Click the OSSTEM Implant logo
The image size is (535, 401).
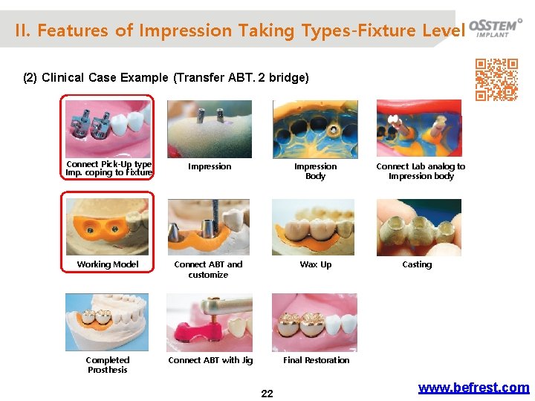click(495, 27)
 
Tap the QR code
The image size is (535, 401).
click(496, 79)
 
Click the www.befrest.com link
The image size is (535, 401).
click(473, 388)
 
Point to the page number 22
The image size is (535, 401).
click(267, 394)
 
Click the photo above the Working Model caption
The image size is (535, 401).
click(108, 224)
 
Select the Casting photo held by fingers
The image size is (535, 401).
click(418, 227)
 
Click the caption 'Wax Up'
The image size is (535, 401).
click(315, 264)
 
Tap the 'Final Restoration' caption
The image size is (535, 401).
click(316, 360)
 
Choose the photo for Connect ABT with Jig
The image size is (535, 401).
click(210, 323)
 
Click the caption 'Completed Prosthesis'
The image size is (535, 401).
click(108, 365)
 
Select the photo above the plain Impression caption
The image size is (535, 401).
click(210, 128)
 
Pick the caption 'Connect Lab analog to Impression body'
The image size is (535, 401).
click(421, 172)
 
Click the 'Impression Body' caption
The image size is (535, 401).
click(315, 172)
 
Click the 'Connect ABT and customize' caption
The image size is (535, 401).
click(208, 270)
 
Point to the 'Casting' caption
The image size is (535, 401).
click(417, 264)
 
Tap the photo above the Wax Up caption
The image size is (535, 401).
click(314, 227)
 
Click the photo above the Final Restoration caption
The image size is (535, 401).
click(314, 322)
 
